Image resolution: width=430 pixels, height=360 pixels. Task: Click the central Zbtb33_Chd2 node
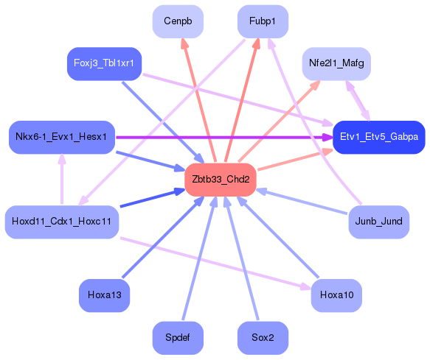(220, 180)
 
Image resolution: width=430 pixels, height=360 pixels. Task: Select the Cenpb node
(178, 22)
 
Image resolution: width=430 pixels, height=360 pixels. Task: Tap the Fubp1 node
(263, 22)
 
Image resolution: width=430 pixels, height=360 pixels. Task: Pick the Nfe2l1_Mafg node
(336, 64)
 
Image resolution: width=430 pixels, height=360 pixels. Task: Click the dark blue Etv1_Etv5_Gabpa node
(378, 137)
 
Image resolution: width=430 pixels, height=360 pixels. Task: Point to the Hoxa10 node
(336, 295)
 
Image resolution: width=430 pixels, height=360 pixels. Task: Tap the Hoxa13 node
(104, 295)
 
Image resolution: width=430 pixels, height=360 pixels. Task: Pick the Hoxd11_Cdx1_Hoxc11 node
(62, 222)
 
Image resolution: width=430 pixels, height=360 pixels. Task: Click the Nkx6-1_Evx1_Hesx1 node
(61, 137)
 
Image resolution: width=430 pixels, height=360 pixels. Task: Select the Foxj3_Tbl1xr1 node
(104, 64)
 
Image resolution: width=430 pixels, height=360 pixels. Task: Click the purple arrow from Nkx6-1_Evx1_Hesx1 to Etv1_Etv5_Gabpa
(221, 137)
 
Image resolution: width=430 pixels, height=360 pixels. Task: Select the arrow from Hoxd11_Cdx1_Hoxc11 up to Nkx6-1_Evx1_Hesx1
(62, 179)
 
